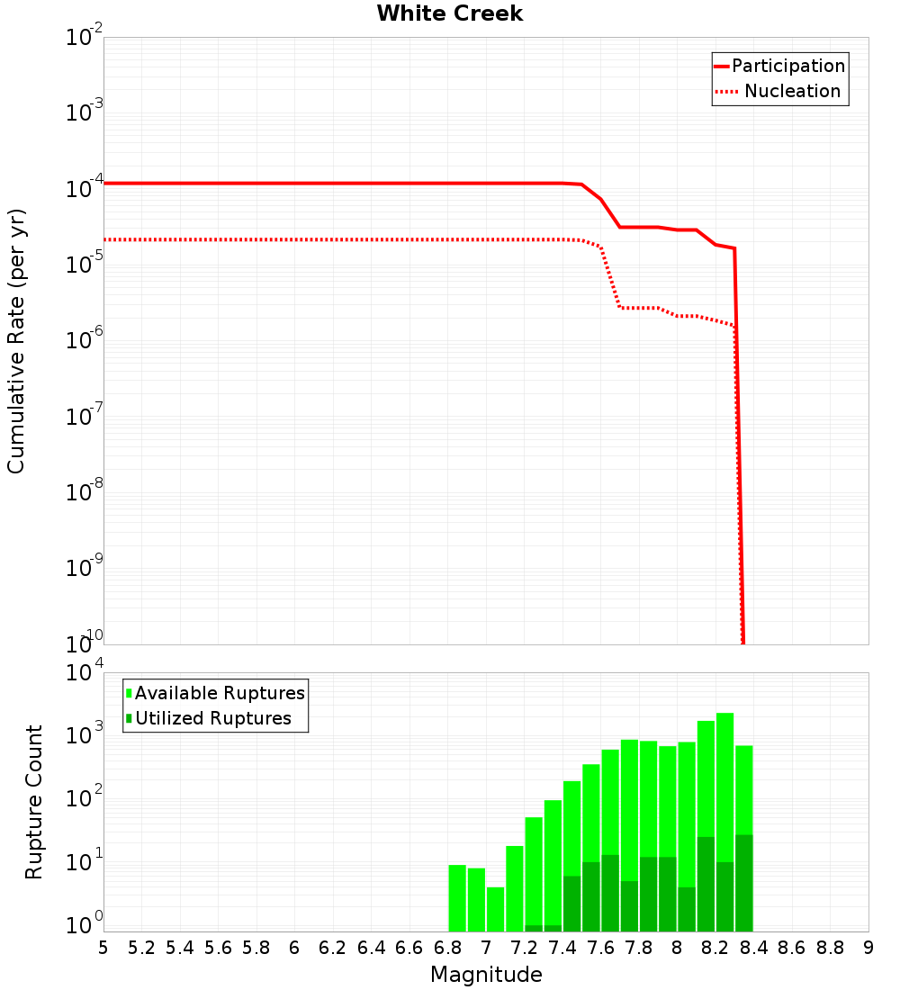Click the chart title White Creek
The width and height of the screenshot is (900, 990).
pos(449,13)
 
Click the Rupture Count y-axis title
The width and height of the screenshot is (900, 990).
pos(34,801)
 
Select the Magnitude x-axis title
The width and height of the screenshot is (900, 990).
pos(486,974)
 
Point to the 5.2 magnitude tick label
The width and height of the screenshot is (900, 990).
pos(142,948)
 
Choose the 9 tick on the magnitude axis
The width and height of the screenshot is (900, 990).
pos(868,948)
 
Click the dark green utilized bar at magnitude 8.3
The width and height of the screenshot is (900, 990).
pos(744,883)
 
